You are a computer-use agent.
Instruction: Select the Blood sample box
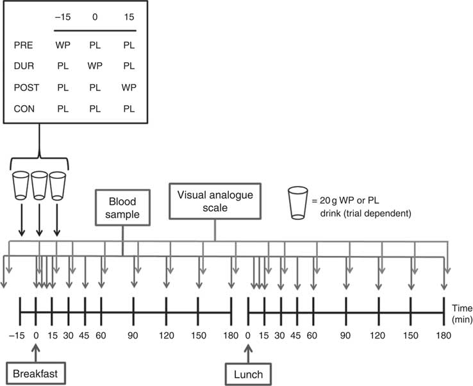pyautogui.click(x=122, y=206)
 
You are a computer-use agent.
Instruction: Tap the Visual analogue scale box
pyautogui.click(x=215, y=199)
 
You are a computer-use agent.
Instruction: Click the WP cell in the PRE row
pyautogui.click(x=63, y=47)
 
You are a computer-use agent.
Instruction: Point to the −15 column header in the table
pyautogui.click(x=62, y=17)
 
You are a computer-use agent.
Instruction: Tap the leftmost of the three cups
pyautogui.click(x=21, y=185)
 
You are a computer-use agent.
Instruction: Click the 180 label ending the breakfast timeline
pyautogui.click(x=230, y=336)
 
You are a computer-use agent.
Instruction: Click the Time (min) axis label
pyautogui.click(x=461, y=314)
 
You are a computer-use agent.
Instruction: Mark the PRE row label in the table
pyautogui.click(x=22, y=47)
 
